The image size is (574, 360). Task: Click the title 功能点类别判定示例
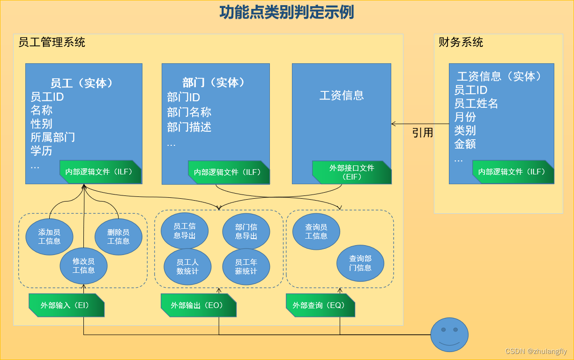287,13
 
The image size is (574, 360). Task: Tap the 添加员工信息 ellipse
49,236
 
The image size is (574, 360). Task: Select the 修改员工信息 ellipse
84,266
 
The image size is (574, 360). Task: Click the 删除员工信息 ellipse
119,236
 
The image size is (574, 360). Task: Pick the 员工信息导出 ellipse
185,231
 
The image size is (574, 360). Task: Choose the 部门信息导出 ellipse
246,231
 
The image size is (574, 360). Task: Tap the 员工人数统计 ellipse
187,267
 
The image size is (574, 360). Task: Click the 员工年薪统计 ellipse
246,267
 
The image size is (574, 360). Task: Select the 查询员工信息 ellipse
316,231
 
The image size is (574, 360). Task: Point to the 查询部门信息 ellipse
360,263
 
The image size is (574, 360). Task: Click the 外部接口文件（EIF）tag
352,172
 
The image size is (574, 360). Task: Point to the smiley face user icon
449,335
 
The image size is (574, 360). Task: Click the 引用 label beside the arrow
422,133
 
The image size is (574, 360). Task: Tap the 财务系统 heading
461,42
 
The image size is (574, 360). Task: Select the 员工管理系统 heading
52,42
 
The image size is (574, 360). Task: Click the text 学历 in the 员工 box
41,151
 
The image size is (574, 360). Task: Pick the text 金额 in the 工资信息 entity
465,144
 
